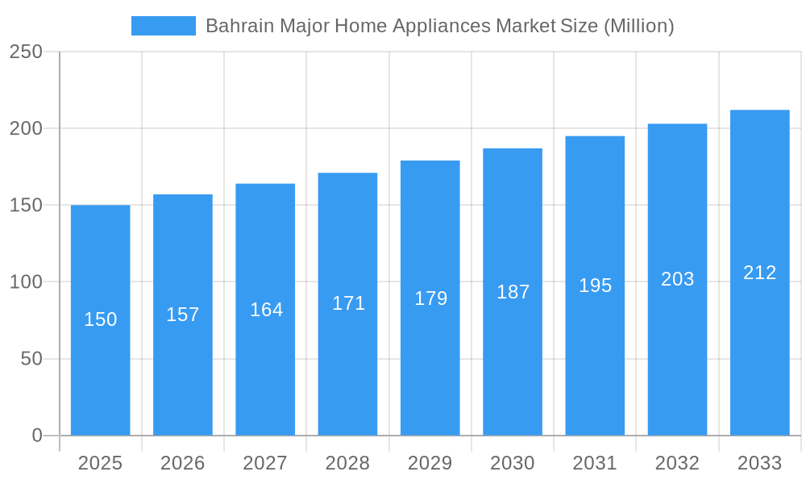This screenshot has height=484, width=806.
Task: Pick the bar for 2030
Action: click(x=513, y=363)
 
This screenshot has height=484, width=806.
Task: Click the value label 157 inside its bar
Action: click(x=183, y=315)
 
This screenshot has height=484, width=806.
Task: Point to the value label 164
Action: click(x=266, y=310)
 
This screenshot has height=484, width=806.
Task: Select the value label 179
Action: click(x=430, y=298)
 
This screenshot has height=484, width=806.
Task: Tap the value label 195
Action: click(x=595, y=286)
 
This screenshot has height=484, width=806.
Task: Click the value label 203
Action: click(x=677, y=279)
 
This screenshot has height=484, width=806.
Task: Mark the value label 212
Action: click(x=759, y=273)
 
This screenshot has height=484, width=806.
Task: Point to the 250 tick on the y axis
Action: click(x=26, y=52)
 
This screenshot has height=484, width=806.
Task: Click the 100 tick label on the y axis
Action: click(x=26, y=282)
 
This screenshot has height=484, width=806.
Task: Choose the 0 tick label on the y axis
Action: click(x=37, y=436)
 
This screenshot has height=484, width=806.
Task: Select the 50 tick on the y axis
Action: click(x=31, y=359)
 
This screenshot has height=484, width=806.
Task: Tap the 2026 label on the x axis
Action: click(x=183, y=463)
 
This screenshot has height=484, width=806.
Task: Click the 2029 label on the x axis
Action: click(x=430, y=463)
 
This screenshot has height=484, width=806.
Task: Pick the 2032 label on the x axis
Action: click(x=677, y=463)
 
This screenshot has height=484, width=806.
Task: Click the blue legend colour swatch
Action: click(x=164, y=26)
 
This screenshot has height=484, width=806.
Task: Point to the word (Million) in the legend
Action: click(x=638, y=26)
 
